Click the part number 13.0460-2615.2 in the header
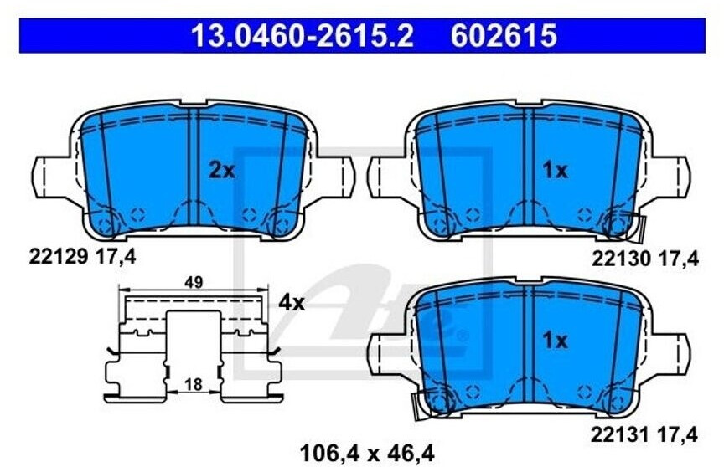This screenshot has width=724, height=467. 303,36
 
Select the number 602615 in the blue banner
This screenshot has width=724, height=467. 504,36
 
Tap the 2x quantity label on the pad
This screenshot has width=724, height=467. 221,171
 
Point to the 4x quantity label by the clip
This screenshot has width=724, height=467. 291,302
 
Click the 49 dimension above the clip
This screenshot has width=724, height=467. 194,283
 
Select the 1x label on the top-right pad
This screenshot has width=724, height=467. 555,171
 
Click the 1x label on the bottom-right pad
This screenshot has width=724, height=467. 555,341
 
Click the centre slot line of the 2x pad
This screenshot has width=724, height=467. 192,167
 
